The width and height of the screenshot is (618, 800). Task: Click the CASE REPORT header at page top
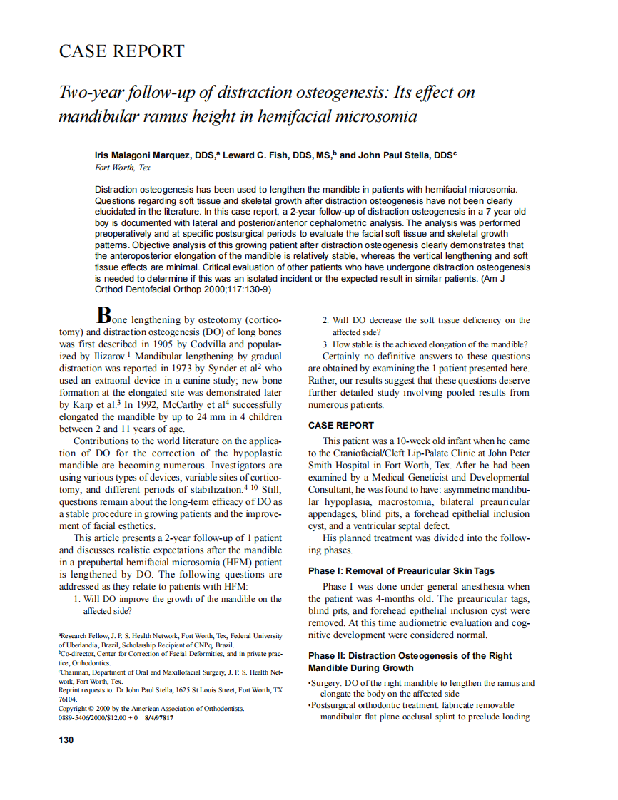(x=121, y=51)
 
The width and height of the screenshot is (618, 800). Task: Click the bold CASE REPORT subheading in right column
(x=340, y=425)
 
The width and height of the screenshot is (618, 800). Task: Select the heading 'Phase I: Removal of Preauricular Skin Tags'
(x=401, y=571)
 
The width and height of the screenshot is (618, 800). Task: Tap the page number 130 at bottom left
(x=66, y=740)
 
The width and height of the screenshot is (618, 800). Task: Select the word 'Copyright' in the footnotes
(x=75, y=709)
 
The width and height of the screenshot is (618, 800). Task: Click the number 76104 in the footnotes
(x=68, y=699)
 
